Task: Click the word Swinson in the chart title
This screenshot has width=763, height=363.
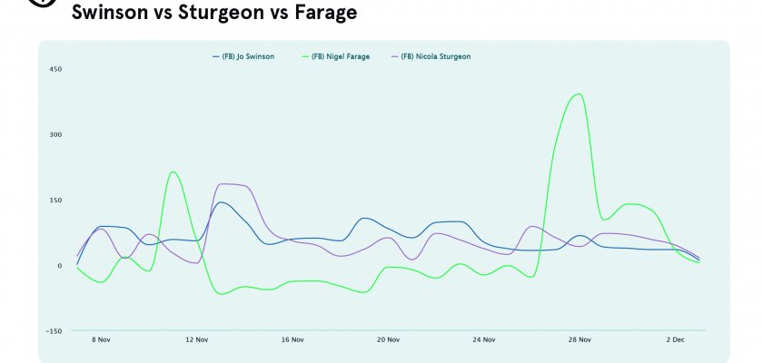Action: tap(110, 13)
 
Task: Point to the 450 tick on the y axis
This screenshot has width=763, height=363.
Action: tap(55, 69)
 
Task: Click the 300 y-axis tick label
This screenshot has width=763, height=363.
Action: tap(55, 134)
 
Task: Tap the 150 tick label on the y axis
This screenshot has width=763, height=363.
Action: tap(55, 200)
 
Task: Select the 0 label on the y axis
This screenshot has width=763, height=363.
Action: tap(59, 266)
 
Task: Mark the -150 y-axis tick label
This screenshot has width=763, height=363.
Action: tap(54, 331)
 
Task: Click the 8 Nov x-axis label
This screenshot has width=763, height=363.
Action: tap(101, 340)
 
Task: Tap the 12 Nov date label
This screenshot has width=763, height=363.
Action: tap(196, 340)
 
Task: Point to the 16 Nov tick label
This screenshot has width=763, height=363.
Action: tap(292, 340)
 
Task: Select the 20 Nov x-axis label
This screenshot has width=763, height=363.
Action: tap(388, 340)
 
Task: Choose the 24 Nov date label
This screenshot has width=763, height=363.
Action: tap(484, 340)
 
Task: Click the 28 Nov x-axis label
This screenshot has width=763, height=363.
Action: tap(580, 340)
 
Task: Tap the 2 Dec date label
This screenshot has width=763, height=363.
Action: tap(675, 340)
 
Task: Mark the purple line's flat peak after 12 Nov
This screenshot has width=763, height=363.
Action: tap(231, 184)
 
